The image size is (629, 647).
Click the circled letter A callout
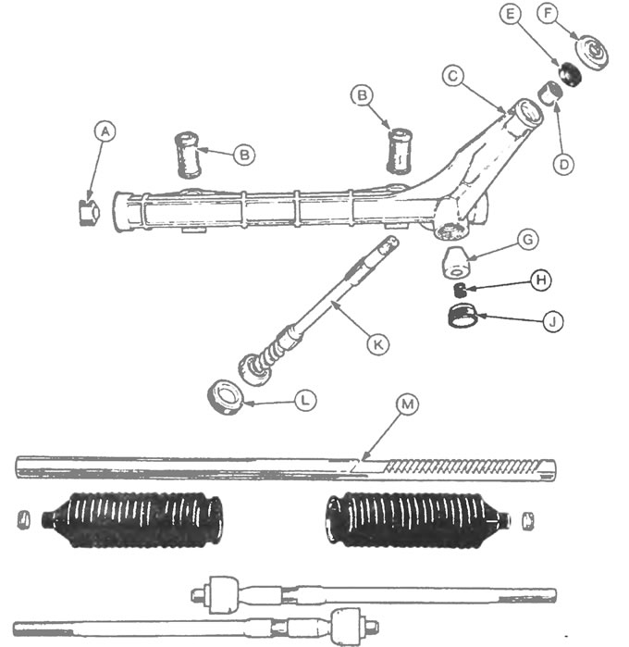[105, 131]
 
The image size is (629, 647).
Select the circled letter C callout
[453, 76]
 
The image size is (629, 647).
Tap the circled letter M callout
[407, 404]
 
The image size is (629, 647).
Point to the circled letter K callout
[377, 343]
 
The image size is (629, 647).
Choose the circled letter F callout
[548, 14]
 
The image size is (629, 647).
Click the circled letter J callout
[553, 321]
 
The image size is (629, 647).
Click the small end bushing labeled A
[89, 213]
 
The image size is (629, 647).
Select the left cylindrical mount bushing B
[189, 156]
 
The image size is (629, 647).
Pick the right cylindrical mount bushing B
[400, 151]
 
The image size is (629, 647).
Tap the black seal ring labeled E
[570, 74]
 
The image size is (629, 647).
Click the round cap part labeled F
[592, 53]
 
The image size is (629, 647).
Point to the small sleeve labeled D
[550, 93]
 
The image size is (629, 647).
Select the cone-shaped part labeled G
[456, 263]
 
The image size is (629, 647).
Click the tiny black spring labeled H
[460, 290]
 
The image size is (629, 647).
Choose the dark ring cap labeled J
[462, 316]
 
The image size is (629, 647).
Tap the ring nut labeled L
[225, 397]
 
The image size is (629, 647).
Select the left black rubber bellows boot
[133, 520]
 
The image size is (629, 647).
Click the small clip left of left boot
[23, 520]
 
